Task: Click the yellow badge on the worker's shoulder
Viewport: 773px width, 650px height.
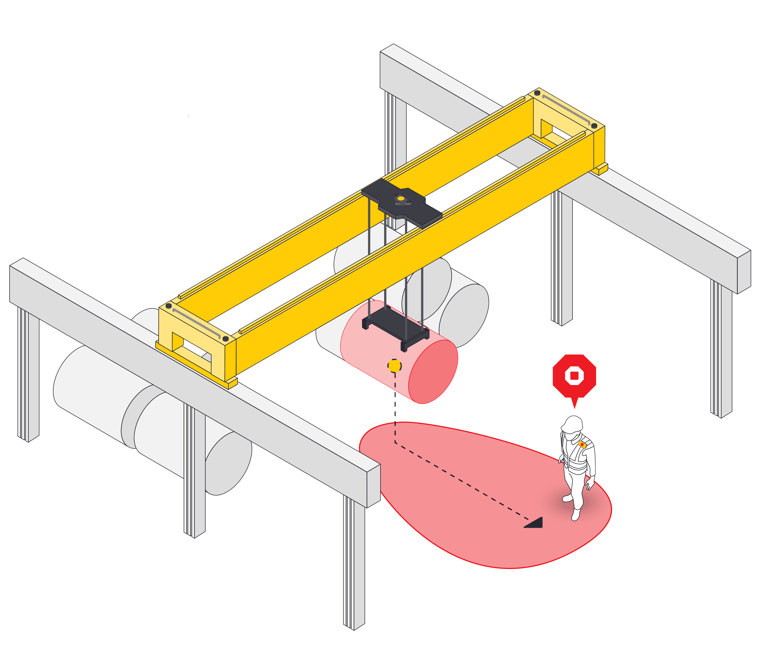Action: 582,445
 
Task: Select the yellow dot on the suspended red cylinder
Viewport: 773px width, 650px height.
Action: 394,366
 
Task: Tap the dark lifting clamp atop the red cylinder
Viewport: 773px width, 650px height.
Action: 396,324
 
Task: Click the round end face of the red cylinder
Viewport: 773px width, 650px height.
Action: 434,372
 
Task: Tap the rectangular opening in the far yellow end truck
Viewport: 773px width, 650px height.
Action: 552,129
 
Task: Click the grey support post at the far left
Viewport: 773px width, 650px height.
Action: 28,376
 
